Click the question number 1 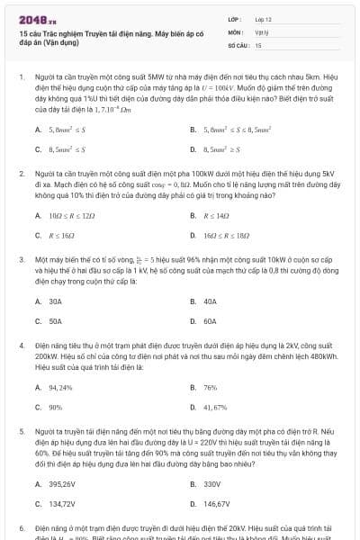21,78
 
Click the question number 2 21,171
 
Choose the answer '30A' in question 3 56,301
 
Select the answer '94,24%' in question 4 61,387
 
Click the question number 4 21,345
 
